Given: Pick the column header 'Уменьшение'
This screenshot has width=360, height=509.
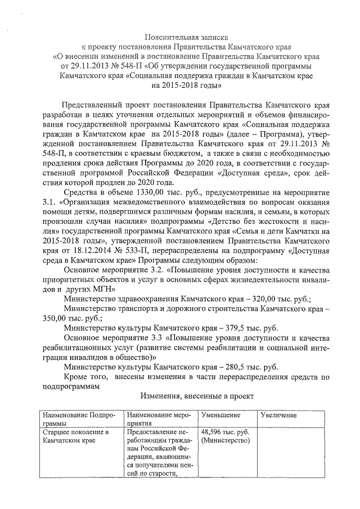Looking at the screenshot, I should point(217,415).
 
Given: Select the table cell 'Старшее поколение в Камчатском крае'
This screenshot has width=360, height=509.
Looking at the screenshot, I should point(75,436).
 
